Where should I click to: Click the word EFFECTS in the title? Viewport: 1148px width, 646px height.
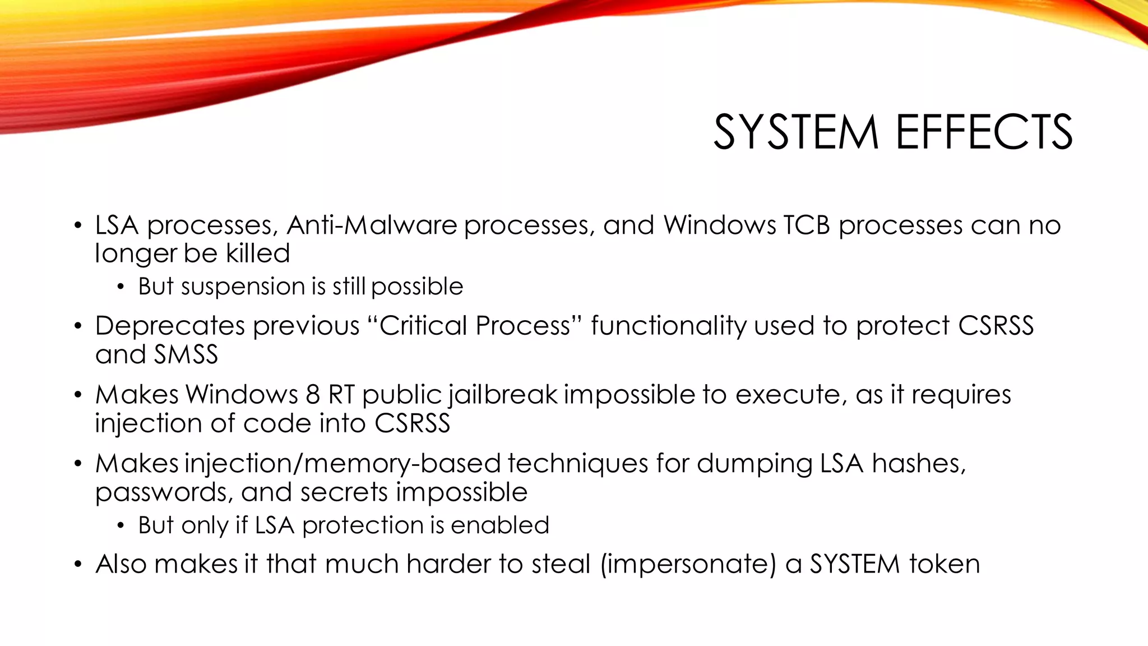click(984, 132)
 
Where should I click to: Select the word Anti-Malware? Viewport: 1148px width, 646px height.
click(372, 225)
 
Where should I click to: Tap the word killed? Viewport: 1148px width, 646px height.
click(258, 253)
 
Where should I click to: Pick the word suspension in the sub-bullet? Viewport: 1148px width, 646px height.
click(245, 287)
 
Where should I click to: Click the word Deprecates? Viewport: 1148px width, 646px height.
click(170, 326)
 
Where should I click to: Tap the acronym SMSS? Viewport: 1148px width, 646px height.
click(186, 354)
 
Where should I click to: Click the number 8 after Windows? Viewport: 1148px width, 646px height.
click(313, 395)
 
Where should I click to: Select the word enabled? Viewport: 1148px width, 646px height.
click(499, 525)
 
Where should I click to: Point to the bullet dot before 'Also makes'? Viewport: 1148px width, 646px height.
click(78, 565)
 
